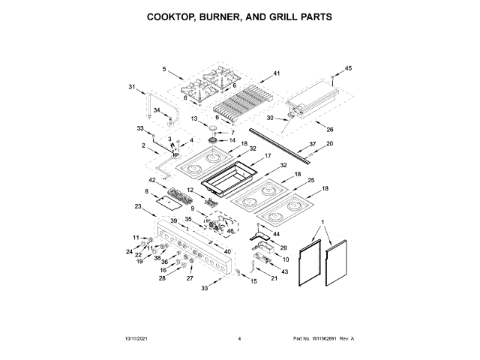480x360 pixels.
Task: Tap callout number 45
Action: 347,68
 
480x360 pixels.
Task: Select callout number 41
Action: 276,73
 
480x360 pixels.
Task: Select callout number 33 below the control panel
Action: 204,288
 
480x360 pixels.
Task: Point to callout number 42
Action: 151,180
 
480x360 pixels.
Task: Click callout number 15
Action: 253,281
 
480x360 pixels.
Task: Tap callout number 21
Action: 274,279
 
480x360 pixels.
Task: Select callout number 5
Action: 163,69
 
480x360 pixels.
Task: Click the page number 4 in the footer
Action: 239,339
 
